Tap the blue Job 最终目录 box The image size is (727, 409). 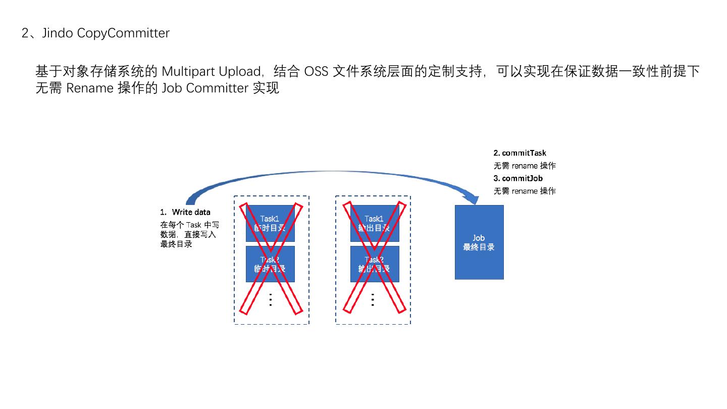[479, 242]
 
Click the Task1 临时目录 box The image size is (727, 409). [270, 223]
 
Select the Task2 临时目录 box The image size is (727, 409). [270, 264]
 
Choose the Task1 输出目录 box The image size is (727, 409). [375, 223]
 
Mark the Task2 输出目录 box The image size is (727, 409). [375, 264]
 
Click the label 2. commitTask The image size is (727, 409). [520, 153]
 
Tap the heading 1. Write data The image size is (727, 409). [185, 212]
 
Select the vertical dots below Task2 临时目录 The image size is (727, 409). [271, 299]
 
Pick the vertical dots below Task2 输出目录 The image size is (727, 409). [373, 299]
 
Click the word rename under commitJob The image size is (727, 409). [525, 191]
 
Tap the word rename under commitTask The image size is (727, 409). [525, 166]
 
